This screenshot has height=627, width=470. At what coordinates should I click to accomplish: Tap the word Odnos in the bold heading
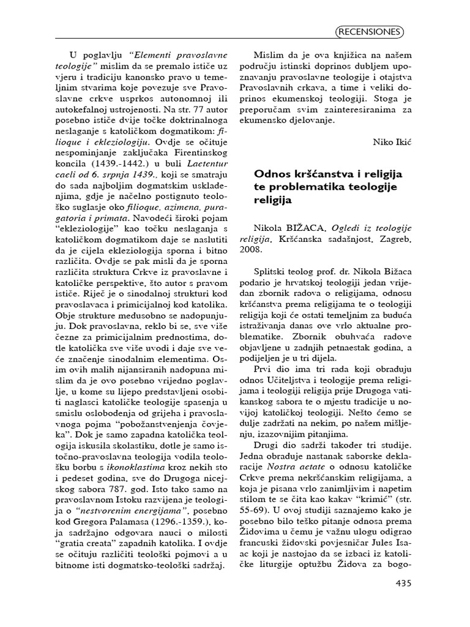[x=270, y=173]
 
